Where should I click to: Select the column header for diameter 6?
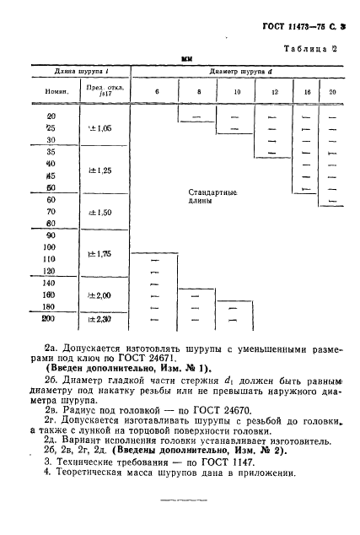[156, 89]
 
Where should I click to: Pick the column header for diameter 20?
[332, 89]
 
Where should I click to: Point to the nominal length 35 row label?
[50, 151]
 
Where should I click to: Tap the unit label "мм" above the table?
[187, 60]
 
